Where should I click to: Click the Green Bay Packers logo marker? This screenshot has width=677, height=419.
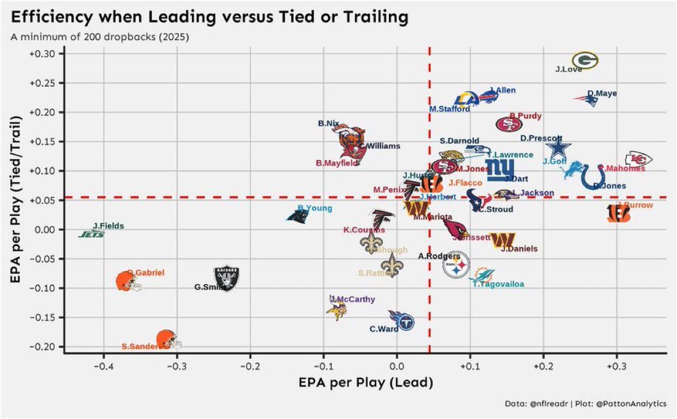click(x=585, y=60)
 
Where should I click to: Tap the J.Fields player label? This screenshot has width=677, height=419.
click(x=108, y=226)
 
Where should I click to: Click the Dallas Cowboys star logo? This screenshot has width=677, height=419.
click(x=559, y=148)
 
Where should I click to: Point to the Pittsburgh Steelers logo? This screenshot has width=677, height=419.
click(x=456, y=266)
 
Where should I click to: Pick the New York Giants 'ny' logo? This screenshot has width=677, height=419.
click(x=499, y=169)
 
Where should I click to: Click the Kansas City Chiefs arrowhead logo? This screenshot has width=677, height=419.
click(x=638, y=159)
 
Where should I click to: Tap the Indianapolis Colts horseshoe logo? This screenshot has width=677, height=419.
click(x=593, y=176)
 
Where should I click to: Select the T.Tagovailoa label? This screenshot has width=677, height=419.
click(x=498, y=284)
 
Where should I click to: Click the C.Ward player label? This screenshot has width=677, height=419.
click(x=383, y=329)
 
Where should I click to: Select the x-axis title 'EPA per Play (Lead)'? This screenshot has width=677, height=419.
click(x=366, y=383)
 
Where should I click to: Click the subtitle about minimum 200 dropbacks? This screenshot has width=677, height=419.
click(x=100, y=37)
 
